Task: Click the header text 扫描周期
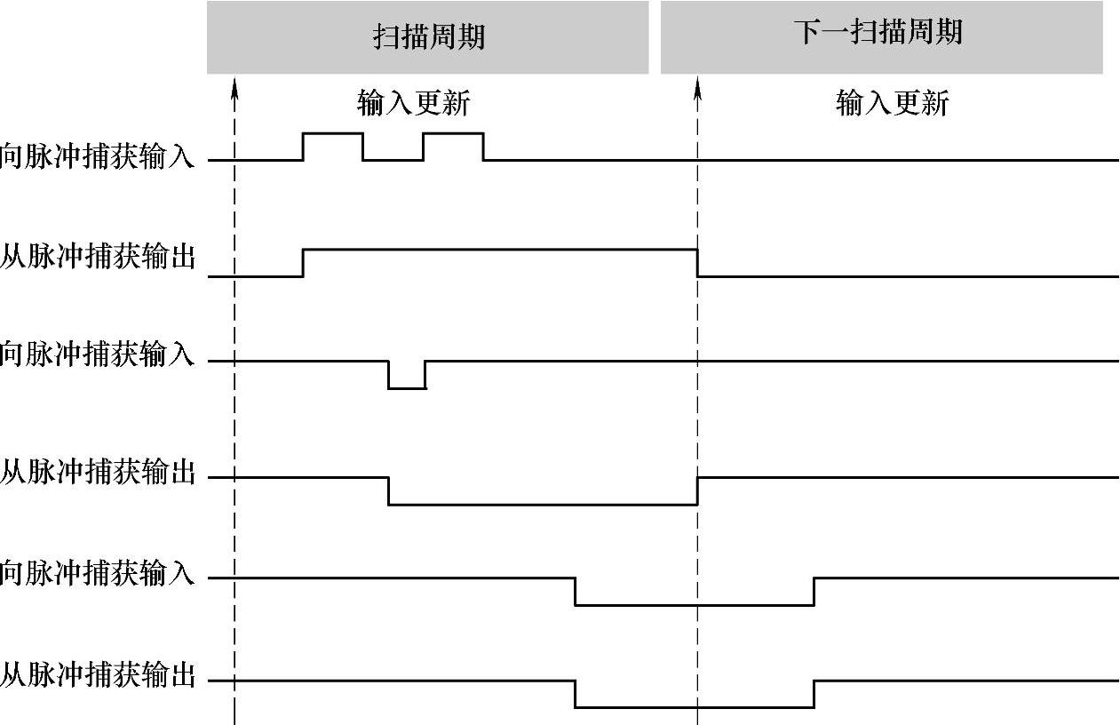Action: click(428, 37)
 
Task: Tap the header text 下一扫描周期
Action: click(878, 33)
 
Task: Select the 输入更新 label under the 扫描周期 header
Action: click(413, 104)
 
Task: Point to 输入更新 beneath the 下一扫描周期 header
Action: click(892, 104)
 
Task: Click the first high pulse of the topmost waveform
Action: click(333, 134)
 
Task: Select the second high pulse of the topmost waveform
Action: click(453, 134)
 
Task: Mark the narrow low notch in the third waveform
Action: click(407, 387)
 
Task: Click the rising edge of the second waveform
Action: click(304, 263)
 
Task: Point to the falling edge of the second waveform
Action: click(697, 263)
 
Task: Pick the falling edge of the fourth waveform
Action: click(389, 490)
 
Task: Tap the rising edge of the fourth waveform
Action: click(697, 490)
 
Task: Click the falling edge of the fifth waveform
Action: click(575, 592)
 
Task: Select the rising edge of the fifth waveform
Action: click(814, 592)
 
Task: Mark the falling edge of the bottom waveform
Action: click(575, 694)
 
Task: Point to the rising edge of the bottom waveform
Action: click(814, 694)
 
